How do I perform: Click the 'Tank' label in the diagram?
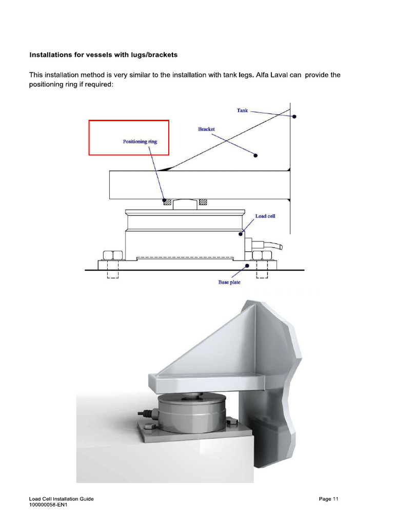242,110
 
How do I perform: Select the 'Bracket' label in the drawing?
206,129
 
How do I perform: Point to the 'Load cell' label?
265,216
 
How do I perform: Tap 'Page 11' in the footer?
329,499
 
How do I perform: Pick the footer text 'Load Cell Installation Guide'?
61,499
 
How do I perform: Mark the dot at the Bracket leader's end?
257,155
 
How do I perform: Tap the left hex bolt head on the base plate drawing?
112,255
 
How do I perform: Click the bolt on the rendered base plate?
149,425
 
